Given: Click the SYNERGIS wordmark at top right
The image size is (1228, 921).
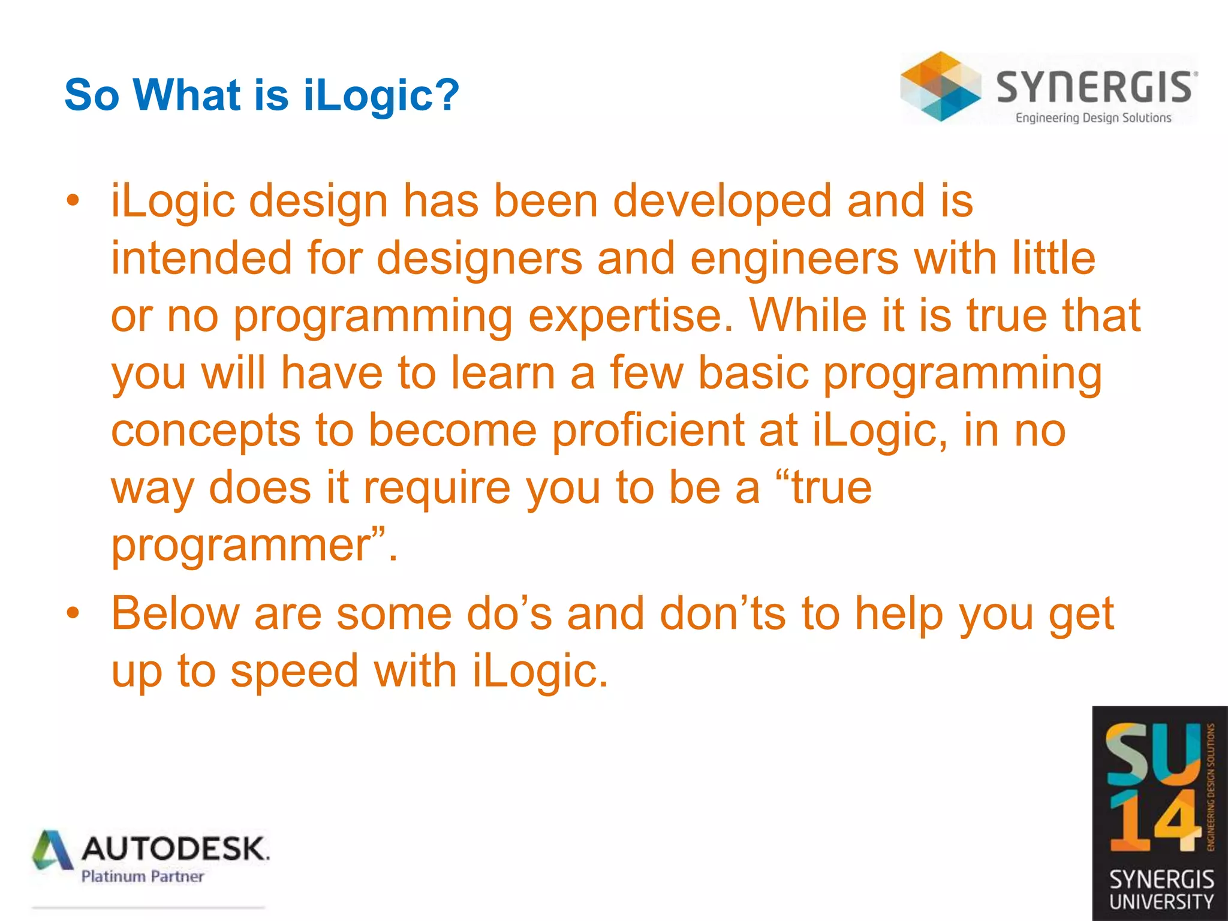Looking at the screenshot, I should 1095,88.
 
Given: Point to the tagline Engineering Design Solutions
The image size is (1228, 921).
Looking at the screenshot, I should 1093,118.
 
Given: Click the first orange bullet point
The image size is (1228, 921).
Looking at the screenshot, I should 73,201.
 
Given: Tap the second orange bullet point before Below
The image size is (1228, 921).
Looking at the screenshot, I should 73,613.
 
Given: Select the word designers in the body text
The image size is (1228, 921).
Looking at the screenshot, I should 480,258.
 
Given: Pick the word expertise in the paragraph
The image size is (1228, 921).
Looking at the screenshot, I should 630,315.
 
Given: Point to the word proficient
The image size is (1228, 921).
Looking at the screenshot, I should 648,430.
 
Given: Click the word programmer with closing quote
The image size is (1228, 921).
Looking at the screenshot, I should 252,544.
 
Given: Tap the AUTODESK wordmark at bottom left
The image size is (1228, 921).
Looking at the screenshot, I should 174,848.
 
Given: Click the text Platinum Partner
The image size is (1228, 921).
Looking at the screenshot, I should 143,877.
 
